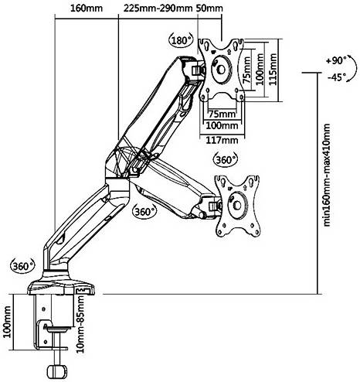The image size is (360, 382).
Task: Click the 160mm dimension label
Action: [x=87, y=8]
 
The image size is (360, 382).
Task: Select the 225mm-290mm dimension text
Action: [x=158, y=8]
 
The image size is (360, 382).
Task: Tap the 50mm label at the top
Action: [x=209, y=8]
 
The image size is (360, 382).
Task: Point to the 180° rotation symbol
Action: [x=182, y=40]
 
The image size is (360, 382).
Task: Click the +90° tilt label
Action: [x=336, y=60]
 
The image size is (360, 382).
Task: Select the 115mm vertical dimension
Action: [x=273, y=69]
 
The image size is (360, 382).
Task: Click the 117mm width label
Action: [x=222, y=140]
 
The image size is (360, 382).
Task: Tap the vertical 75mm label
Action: [x=246, y=70]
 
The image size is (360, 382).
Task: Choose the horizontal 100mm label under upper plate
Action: [x=222, y=126]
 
